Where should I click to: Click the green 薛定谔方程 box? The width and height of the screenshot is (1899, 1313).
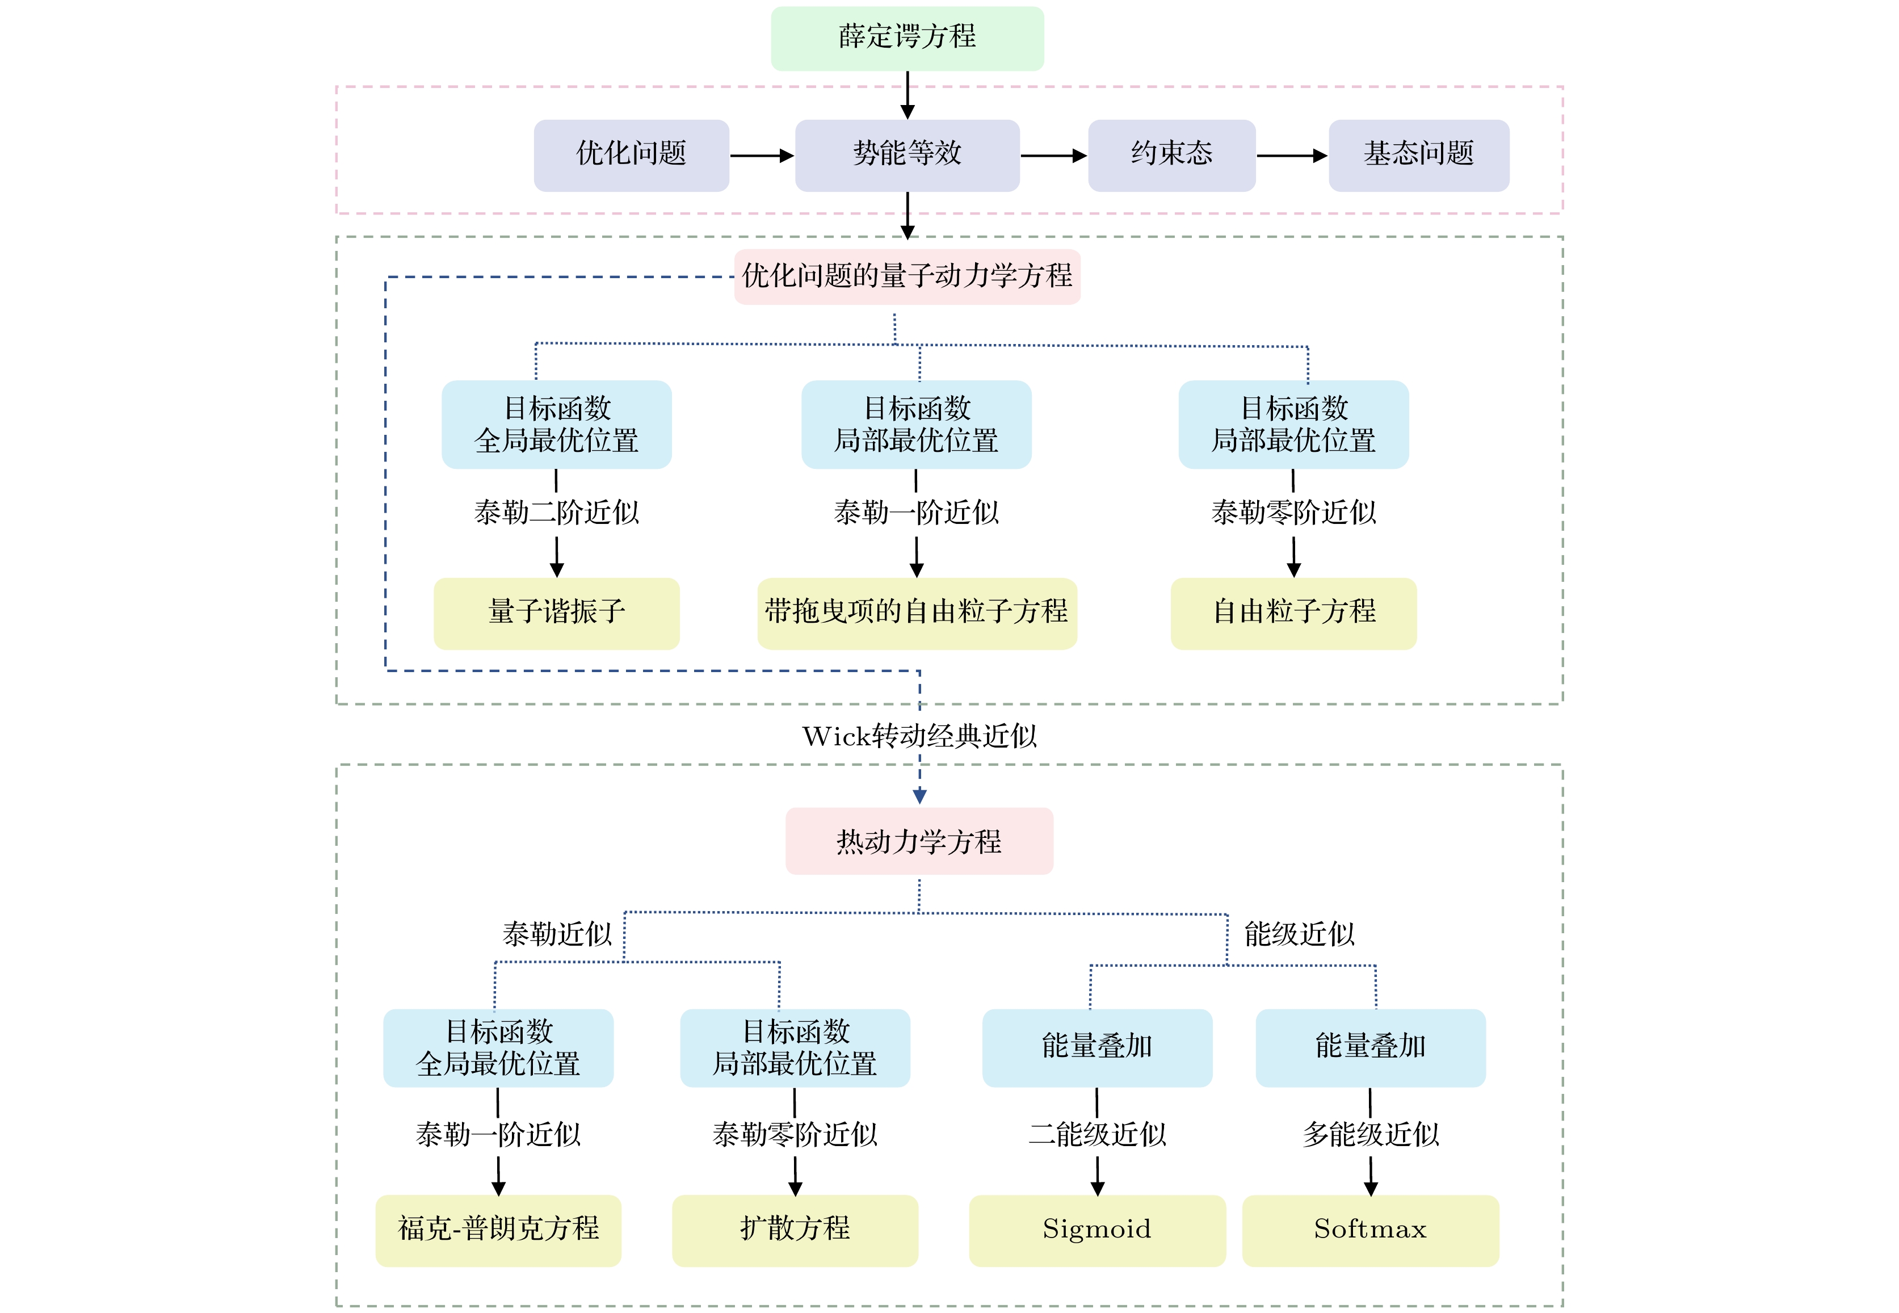[907, 38]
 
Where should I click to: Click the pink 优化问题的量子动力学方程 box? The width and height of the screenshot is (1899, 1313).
[907, 276]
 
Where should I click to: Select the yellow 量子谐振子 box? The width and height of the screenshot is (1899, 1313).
[557, 613]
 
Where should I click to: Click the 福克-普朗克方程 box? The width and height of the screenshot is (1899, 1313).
[498, 1230]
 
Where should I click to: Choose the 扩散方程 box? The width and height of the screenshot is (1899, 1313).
[795, 1230]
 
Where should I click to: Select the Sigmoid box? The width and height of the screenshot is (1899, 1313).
[1097, 1230]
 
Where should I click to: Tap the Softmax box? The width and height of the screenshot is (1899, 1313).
[1370, 1230]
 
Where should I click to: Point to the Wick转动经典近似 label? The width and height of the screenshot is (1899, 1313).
[919, 736]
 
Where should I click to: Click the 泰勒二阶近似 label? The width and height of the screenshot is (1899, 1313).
[557, 513]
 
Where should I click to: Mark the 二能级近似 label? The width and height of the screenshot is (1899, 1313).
[1097, 1135]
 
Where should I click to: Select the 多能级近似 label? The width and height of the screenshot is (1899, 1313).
[1370, 1135]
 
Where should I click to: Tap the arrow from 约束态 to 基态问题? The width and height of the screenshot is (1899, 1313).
[1291, 156]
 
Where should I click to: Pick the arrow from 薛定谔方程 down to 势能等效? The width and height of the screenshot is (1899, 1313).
[907, 95]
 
